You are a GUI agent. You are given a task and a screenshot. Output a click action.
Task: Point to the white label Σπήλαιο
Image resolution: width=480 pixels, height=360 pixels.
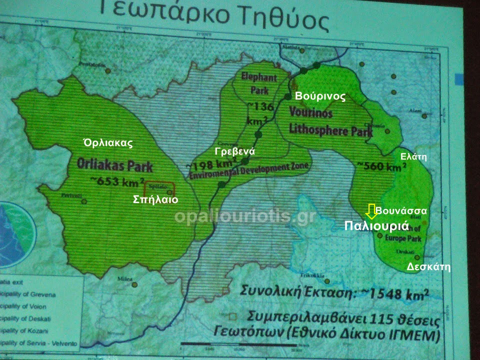(x=155, y=199)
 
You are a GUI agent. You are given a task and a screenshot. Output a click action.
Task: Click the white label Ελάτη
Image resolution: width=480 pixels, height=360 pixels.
(x=413, y=156)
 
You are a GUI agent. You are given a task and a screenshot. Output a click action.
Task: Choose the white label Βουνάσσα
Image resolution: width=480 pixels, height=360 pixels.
(x=401, y=211)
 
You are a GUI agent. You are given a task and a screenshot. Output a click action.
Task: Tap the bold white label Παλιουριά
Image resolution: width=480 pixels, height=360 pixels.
(x=377, y=225)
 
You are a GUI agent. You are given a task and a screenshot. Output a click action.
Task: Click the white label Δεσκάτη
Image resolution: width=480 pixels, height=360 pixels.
(x=428, y=266)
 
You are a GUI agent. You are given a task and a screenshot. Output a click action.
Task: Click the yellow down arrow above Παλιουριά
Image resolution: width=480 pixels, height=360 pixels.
(x=370, y=211)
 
